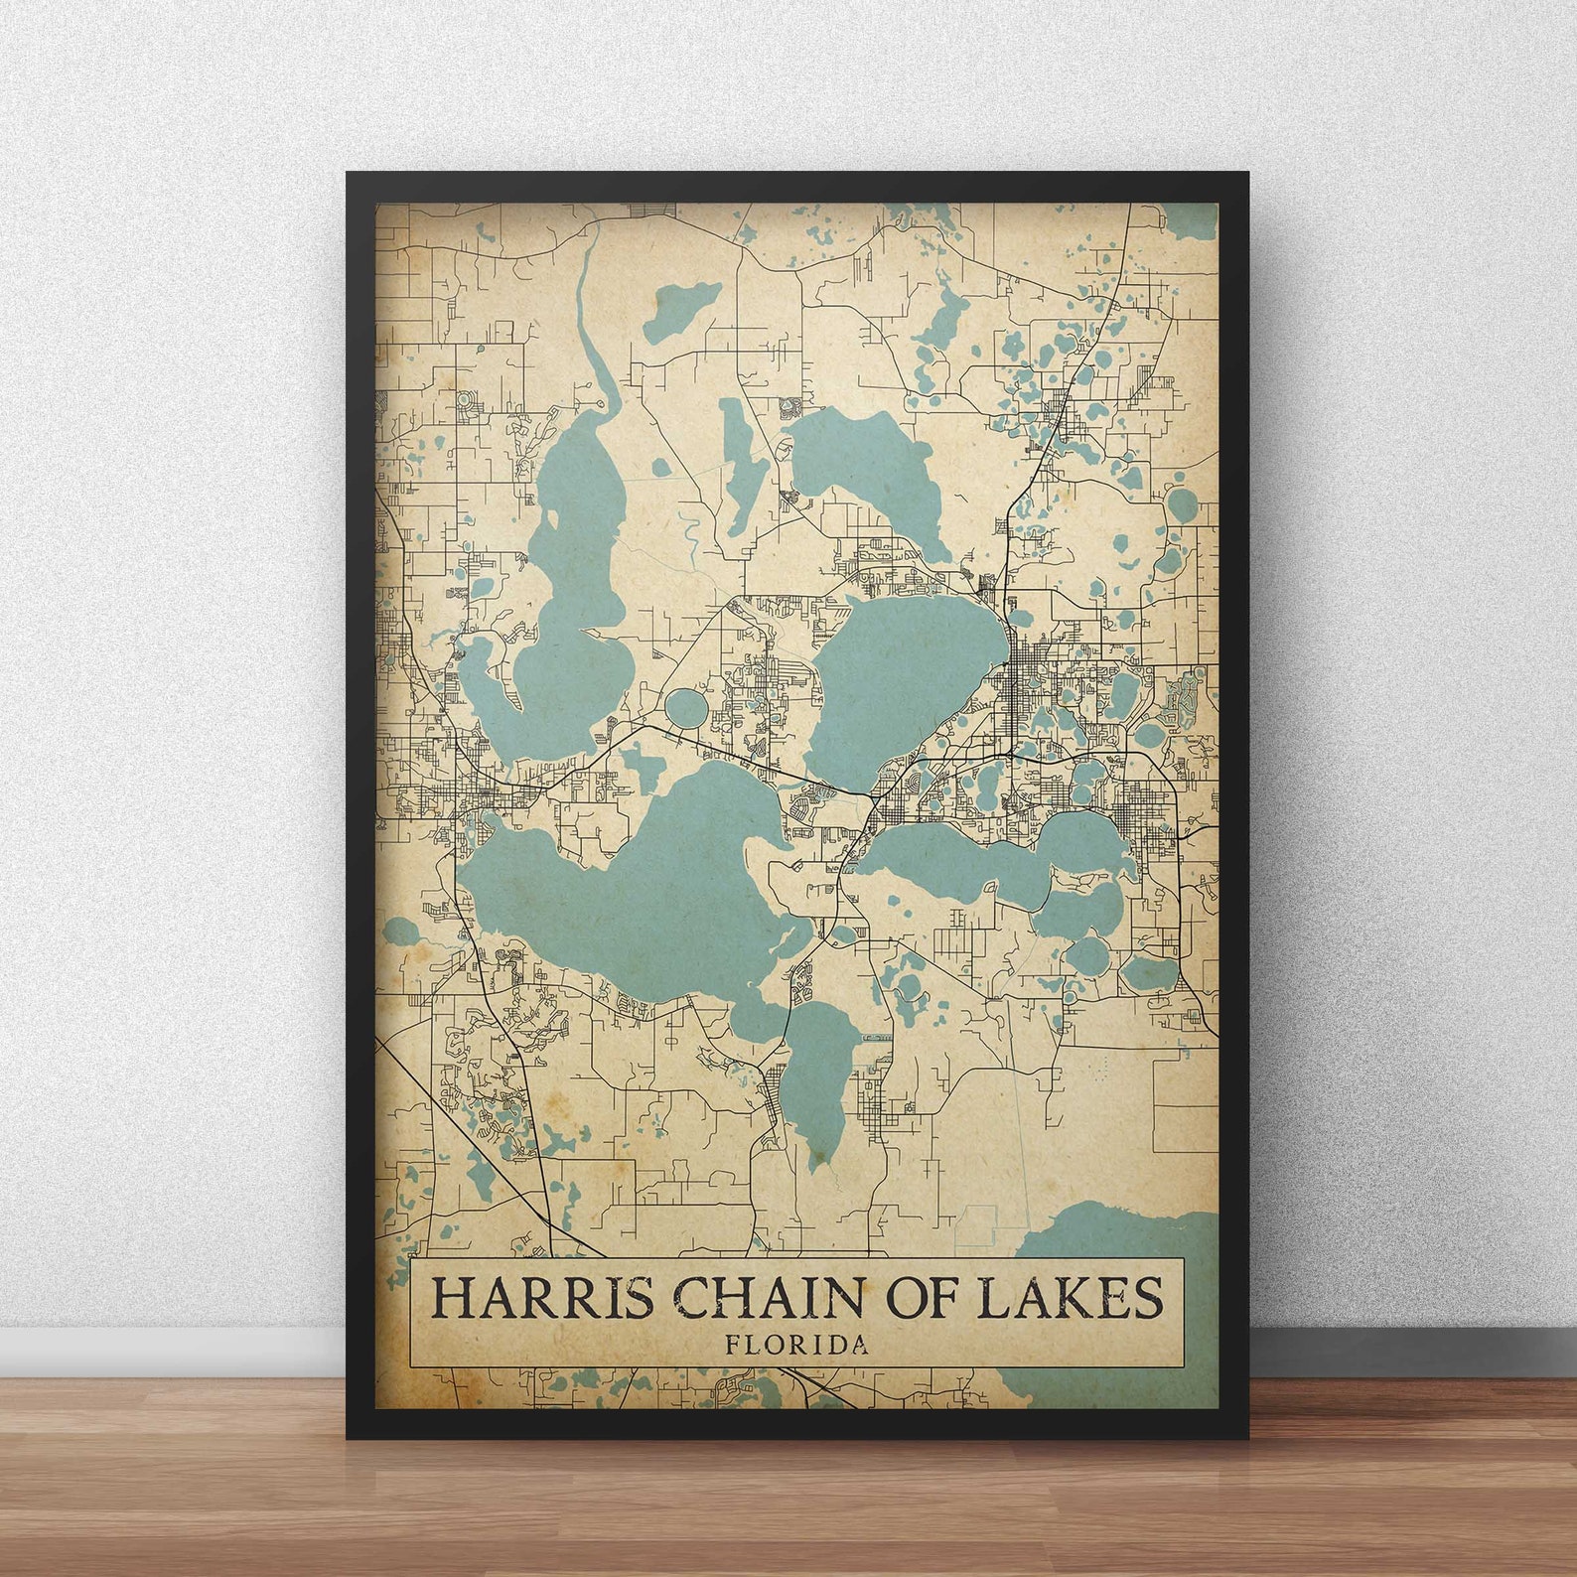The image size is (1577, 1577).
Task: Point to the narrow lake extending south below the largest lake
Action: [x=818, y=1082]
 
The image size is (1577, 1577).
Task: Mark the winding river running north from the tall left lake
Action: [x=596, y=328]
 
